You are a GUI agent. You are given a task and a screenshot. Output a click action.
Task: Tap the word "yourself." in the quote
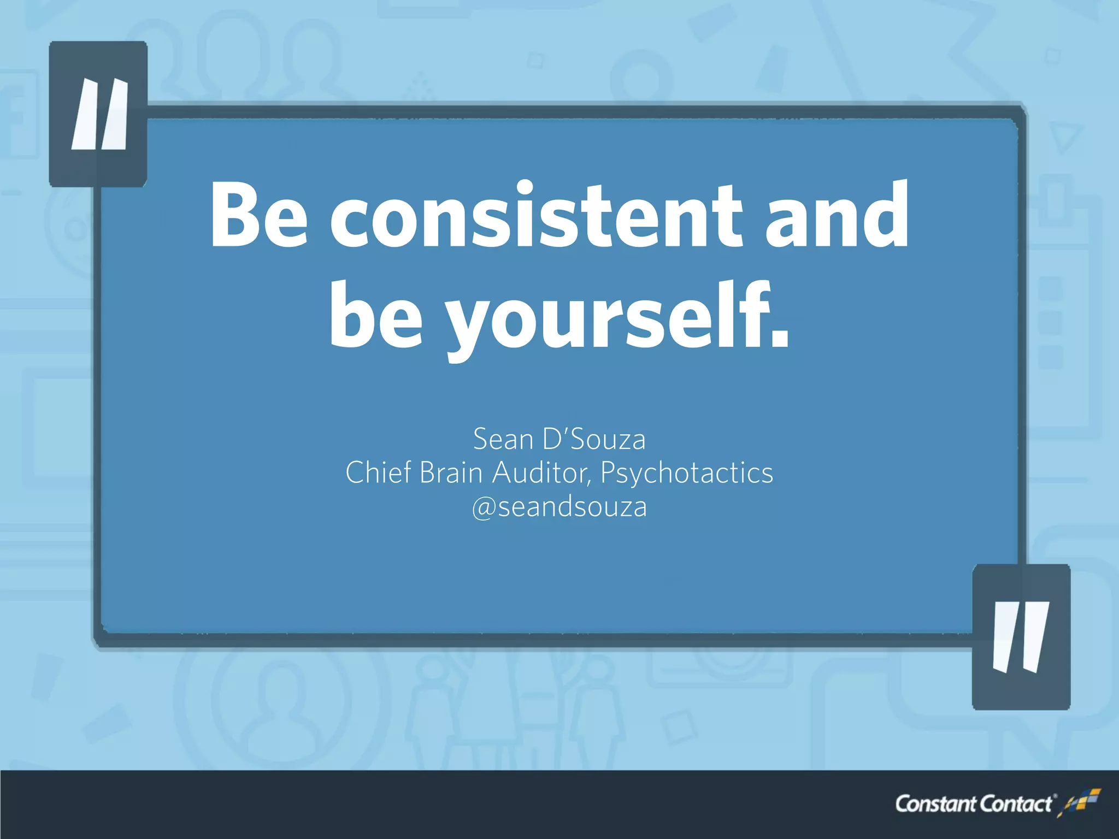coord(617,317)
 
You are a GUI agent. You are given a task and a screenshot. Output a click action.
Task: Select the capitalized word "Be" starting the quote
coord(260,216)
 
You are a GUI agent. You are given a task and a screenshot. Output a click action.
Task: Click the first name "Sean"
coord(503,440)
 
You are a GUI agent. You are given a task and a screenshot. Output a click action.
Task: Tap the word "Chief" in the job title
coord(378,473)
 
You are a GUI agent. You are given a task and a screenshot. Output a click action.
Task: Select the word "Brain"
coord(451,473)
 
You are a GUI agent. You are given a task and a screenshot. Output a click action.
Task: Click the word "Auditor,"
coord(541,473)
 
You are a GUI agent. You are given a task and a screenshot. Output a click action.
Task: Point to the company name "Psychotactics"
coord(687,473)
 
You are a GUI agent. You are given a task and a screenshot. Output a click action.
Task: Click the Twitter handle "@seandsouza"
coord(559,507)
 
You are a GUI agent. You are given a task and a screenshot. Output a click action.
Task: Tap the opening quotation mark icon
coord(99,114)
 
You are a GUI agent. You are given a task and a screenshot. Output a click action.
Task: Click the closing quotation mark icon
coord(1021,637)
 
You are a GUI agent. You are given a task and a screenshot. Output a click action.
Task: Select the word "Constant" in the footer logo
coord(935,804)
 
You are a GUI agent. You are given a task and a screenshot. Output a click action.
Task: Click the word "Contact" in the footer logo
coord(1015,804)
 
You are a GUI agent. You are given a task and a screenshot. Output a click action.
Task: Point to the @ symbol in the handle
coord(483,508)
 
